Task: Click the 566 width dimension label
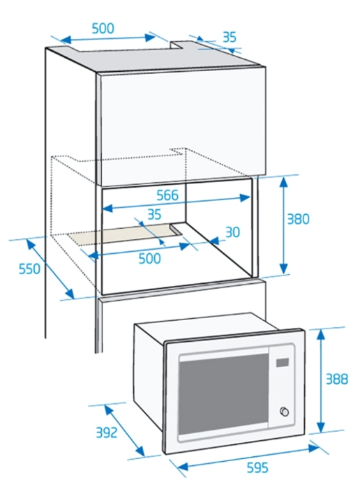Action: coord(167,195)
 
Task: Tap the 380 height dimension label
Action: coord(298,219)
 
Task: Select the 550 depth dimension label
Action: coord(29,269)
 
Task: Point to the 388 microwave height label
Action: coord(337,379)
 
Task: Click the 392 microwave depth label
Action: coord(107,432)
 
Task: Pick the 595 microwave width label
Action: coord(257,467)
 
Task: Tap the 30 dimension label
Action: coord(233,232)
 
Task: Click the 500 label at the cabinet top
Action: coord(103,29)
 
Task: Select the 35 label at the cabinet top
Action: coord(230,37)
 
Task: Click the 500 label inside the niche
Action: coord(150,259)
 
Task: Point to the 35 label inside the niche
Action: coord(154,215)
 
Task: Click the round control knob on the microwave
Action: coord(285,412)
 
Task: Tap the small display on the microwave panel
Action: coord(283,363)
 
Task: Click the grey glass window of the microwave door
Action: coord(223,394)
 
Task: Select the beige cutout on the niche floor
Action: coord(123,235)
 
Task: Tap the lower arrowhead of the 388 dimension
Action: coord(321,427)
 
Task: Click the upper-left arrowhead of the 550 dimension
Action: coord(31,243)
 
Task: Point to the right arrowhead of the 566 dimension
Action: coord(246,197)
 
